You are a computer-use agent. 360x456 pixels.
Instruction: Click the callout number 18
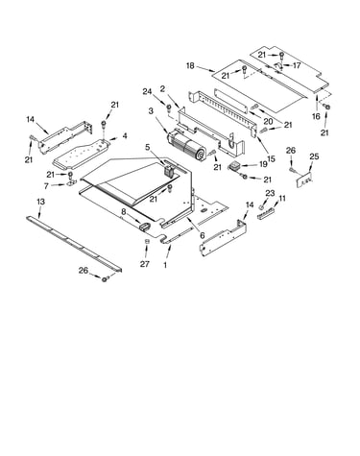[190, 65]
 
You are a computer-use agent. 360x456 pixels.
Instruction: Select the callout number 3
[151, 111]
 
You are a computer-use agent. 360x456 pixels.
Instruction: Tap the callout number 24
[147, 91]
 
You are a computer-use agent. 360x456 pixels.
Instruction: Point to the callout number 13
[40, 202]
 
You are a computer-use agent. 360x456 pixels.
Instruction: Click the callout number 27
[145, 264]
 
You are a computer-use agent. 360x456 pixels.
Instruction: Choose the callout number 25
[315, 156]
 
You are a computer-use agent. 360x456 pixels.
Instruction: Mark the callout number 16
[316, 116]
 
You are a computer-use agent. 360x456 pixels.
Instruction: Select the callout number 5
[148, 147]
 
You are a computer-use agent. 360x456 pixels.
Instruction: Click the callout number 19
[263, 164]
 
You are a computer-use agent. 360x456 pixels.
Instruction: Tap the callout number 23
[270, 193]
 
